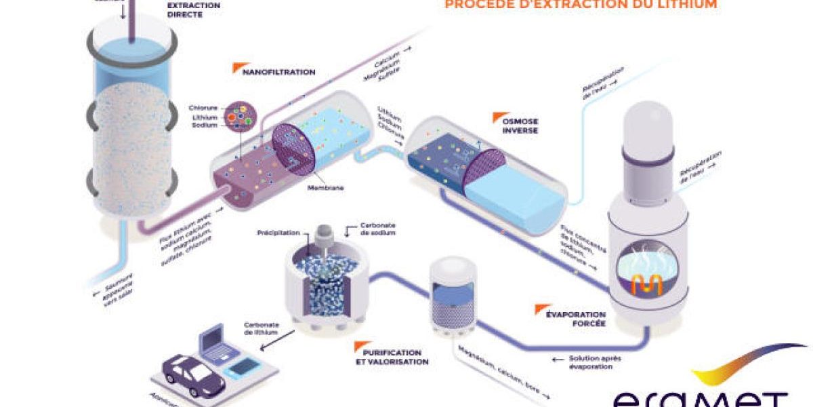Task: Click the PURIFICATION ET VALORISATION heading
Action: [x=392, y=357]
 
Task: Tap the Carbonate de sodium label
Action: [x=378, y=228]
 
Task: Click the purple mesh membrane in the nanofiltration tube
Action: [x=292, y=149]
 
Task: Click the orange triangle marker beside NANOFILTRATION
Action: [x=237, y=68]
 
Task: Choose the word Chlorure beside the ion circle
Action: [x=204, y=107]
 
